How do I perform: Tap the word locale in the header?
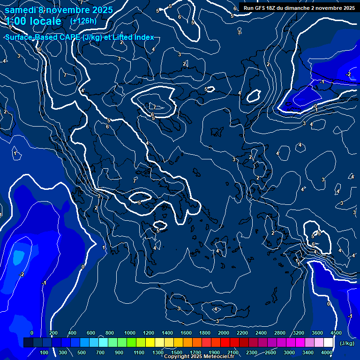(45, 21)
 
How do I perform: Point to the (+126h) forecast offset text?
(83, 21)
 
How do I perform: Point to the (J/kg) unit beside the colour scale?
(347, 343)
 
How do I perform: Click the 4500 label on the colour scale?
(336, 333)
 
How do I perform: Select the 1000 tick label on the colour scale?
(130, 333)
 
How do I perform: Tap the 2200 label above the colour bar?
(242, 333)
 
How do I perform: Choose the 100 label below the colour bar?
(44, 352)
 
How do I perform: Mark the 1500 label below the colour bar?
(177, 352)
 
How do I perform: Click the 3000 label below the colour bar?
(289, 352)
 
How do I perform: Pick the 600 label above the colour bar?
(91, 333)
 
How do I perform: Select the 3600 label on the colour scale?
(317, 333)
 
